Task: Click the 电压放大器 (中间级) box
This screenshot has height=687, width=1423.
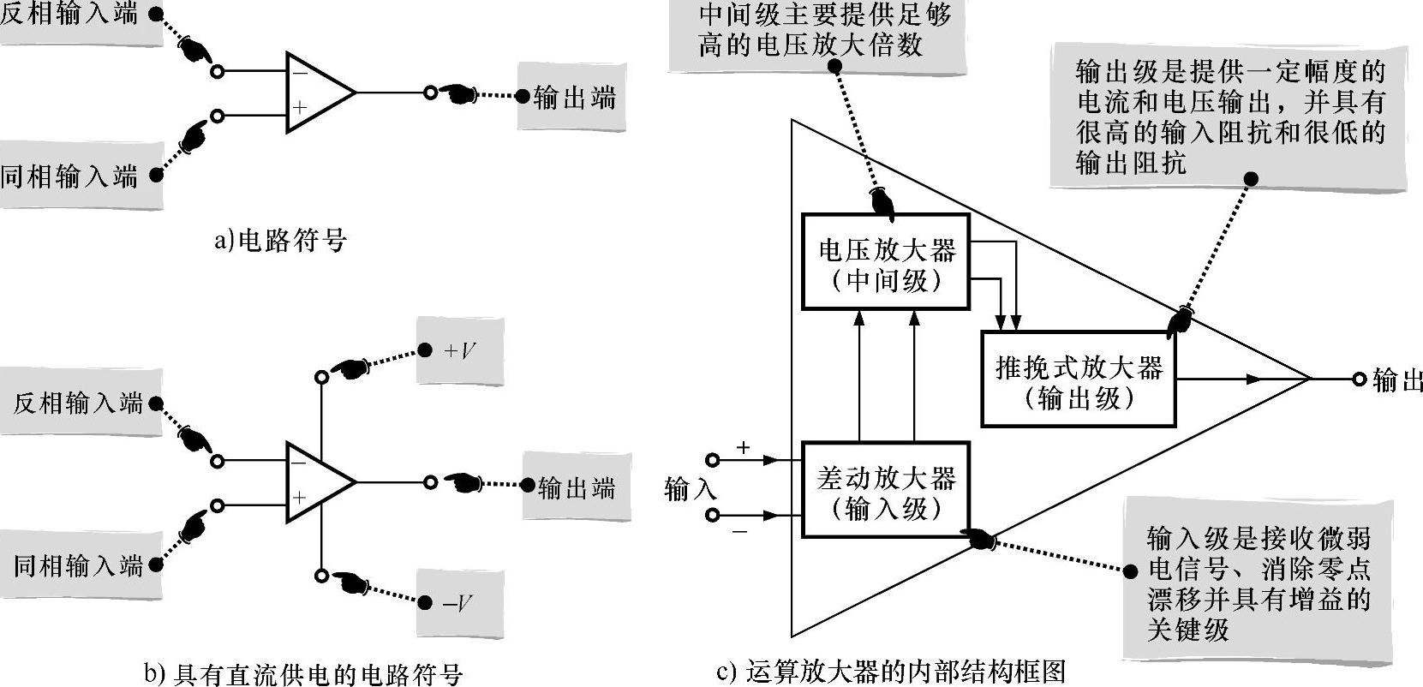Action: (886, 261)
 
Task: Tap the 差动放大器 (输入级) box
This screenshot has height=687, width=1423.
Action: (886, 489)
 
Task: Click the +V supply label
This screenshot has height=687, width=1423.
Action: (460, 350)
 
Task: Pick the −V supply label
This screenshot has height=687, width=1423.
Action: (460, 603)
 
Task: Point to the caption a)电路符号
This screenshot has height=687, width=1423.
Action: (280, 241)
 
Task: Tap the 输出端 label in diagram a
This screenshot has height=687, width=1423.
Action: (573, 98)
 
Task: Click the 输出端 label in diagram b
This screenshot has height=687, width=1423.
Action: (576, 488)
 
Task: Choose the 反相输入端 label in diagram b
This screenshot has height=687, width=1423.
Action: (78, 403)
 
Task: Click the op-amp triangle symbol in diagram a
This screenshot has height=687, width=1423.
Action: (315, 93)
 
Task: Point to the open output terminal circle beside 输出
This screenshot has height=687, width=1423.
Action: (1359, 379)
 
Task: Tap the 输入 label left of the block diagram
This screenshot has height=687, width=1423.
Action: (691, 489)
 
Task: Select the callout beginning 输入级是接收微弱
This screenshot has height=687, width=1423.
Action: (1258, 584)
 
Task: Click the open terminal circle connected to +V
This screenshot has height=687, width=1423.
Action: (321, 377)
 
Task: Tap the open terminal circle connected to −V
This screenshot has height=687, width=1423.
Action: (321, 576)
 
